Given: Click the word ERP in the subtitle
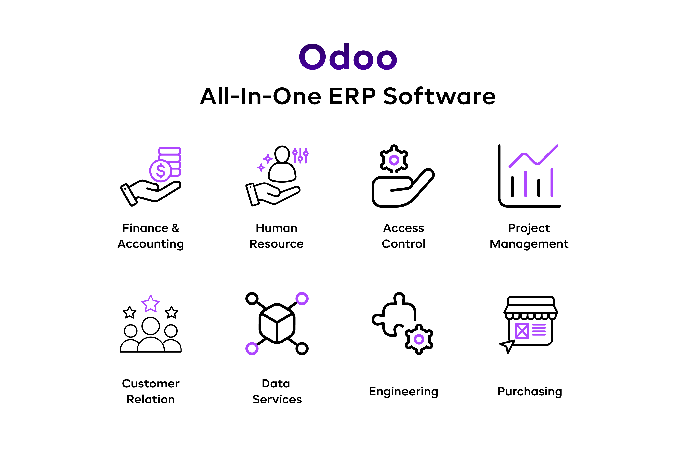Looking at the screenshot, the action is (352, 96).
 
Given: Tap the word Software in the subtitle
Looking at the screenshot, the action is (440, 96).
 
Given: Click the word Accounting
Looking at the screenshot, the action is (151, 244).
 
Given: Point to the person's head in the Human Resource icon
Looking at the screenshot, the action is (282, 154).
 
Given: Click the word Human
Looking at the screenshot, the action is (277, 228).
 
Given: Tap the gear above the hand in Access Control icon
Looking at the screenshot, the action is (394, 159).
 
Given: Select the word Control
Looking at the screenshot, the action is (404, 244).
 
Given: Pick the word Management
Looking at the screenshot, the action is (529, 244).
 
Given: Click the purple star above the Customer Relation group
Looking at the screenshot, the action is (151, 304).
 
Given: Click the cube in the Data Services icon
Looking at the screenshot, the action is (277, 323).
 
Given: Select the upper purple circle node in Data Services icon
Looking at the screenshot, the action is (302, 299).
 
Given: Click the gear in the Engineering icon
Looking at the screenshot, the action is (419, 339).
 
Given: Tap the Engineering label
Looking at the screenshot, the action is (404, 392).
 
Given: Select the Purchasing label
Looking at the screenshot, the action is (530, 392).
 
